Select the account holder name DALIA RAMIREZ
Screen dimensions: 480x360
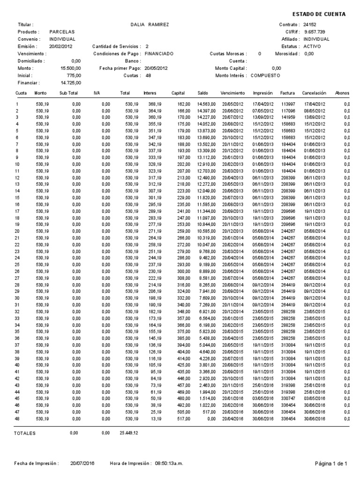pos(151,24)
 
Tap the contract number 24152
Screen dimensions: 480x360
pos(310,24)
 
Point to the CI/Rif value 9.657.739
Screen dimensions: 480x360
pos(314,32)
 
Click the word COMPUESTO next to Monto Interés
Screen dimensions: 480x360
pos(265,75)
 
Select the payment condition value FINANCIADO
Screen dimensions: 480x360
pos(159,54)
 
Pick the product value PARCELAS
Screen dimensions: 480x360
pos(62,32)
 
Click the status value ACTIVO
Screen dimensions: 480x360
pos(312,46)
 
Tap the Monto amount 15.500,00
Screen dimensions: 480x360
pos(72,68)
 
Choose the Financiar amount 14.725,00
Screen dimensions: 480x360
pos(72,83)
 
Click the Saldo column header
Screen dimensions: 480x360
pos(202,93)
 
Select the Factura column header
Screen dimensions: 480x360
pos(287,93)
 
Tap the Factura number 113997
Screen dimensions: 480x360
pos(287,104)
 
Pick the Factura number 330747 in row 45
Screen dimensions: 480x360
pos(287,398)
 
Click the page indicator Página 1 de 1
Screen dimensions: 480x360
pos(330,464)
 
